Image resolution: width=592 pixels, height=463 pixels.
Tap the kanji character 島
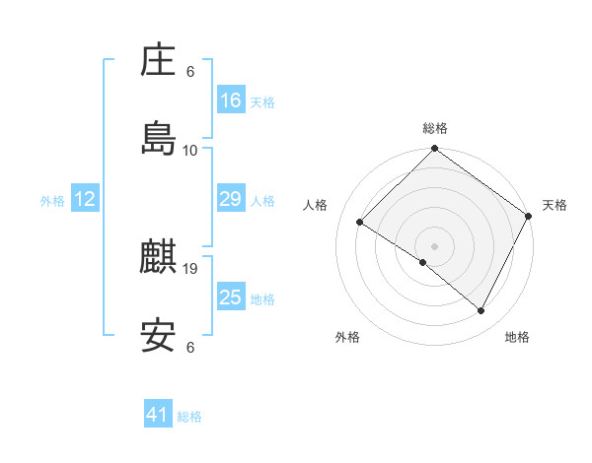click(159, 139)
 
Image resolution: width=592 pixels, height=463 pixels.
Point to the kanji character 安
click(159, 336)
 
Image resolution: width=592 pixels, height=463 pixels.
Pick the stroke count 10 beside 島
click(190, 150)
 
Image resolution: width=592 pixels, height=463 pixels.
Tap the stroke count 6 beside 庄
click(190, 72)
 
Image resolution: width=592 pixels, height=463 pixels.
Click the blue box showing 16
click(231, 100)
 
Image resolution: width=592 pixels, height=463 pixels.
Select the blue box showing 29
click(231, 199)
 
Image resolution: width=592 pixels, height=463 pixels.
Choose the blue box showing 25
click(231, 298)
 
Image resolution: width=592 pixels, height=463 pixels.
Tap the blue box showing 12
click(85, 199)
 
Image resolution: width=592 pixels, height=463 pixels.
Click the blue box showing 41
click(158, 415)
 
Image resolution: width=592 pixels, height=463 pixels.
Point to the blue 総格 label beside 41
click(189, 417)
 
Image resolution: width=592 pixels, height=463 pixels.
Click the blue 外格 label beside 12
click(52, 201)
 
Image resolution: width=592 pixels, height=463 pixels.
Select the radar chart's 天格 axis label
click(555, 205)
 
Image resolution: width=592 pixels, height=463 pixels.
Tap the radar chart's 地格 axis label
click(517, 337)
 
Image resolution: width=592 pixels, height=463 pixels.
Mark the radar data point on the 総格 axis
click(434, 150)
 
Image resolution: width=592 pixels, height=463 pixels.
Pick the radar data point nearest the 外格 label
click(423, 263)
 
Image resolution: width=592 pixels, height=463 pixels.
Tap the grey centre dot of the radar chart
click(434, 245)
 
